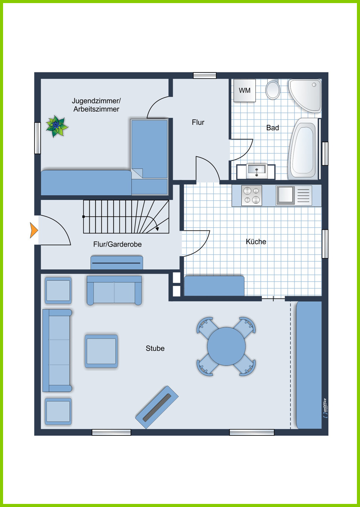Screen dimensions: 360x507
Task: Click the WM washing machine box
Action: pyautogui.click(x=244, y=90)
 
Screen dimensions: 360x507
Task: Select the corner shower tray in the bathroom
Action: pyautogui.click(x=305, y=95)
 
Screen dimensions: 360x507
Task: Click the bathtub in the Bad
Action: pyautogui.click(x=303, y=149)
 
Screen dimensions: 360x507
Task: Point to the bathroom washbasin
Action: pyautogui.click(x=256, y=171)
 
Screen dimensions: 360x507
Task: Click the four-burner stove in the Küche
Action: pyautogui.click(x=251, y=195)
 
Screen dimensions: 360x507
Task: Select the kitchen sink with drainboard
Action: pyautogui.click(x=294, y=195)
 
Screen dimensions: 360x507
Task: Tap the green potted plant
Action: pyautogui.click(x=57, y=126)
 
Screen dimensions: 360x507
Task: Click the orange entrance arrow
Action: pyautogui.click(x=34, y=230)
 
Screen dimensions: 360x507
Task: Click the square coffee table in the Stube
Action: pyautogui.click(x=101, y=351)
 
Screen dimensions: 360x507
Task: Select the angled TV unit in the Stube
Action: pyautogui.click(x=157, y=407)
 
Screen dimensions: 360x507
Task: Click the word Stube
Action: pyautogui.click(x=155, y=348)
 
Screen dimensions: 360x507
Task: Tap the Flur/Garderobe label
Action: pyautogui.click(x=117, y=244)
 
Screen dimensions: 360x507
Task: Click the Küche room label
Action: pyautogui.click(x=256, y=242)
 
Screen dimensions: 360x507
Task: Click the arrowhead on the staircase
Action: pyautogui.click(x=157, y=229)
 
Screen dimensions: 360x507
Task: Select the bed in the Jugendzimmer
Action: pyautogui.click(x=149, y=157)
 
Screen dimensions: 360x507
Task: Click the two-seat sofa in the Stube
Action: pyautogui.click(x=114, y=290)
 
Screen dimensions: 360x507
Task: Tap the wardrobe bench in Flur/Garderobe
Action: pyautogui.click(x=117, y=263)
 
